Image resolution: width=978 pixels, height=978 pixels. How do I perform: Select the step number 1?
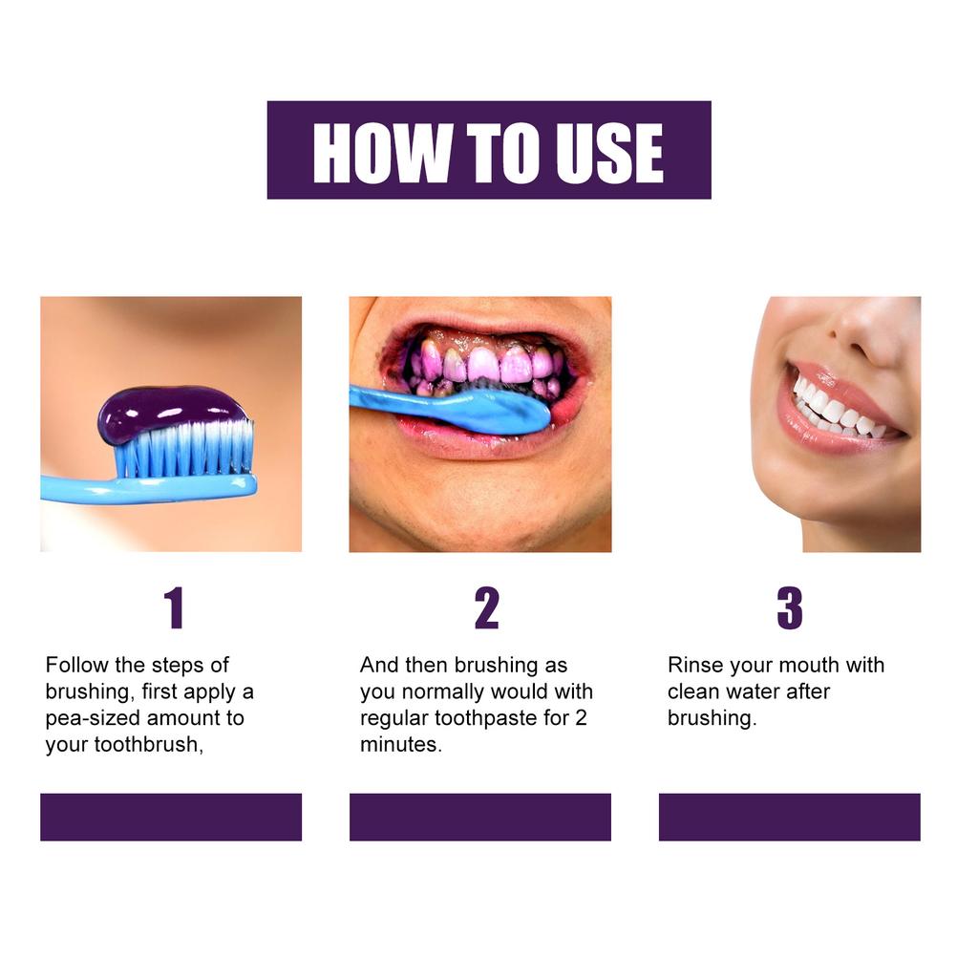tap(173, 608)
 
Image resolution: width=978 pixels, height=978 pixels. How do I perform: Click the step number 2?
tap(486, 608)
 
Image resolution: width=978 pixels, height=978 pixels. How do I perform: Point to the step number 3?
tap(789, 608)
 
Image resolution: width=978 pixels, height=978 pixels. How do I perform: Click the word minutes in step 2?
tap(399, 745)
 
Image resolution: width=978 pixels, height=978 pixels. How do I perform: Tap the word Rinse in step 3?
tap(694, 665)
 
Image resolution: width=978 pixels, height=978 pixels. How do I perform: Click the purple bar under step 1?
tap(171, 817)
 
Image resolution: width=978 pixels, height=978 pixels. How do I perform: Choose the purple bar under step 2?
tap(480, 817)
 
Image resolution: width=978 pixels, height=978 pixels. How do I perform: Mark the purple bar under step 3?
tap(790, 817)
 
